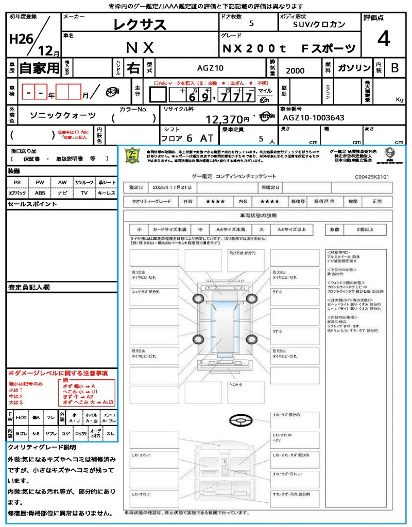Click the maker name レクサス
click(140, 24)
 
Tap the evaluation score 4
click(383, 39)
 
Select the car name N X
click(140, 48)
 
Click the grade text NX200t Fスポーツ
click(288, 48)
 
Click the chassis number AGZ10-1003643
click(314, 118)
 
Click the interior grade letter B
click(394, 68)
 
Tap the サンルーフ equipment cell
click(84, 182)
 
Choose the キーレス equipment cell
click(107, 193)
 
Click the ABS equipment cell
click(40, 193)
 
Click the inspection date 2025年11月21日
click(175, 187)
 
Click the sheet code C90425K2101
click(372, 176)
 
